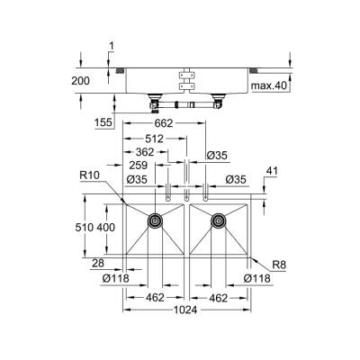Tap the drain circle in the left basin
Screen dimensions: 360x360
(x=155, y=220)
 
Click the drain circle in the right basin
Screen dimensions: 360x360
(x=217, y=220)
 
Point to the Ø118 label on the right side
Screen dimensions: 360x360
(x=258, y=280)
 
